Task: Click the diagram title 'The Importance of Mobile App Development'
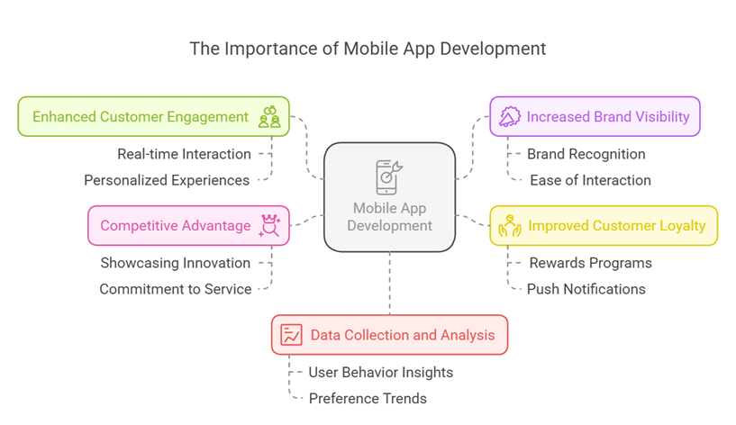(x=368, y=49)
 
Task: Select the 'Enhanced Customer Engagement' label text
(x=141, y=116)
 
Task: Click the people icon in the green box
(x=268, y=116)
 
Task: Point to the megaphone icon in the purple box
(x=510, y=116)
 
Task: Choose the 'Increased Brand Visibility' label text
(x=608, y=116)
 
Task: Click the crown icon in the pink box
(x=268, y=225)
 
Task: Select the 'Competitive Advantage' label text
(x=176, y=225)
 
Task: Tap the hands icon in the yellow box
(x=510, y=225)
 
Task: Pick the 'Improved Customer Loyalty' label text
(x=617, y=225)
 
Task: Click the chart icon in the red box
(x=291, y=335)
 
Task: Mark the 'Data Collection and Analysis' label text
(x=403, y=335)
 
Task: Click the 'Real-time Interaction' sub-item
(x=184, y=154)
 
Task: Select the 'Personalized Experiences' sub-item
(x=167, y=180)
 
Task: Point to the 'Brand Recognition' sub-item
(x=586, y=154)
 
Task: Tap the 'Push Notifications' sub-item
(x=586, y=289)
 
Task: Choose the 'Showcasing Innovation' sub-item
(x=175, y=263)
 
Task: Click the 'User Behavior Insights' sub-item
(x=380, y=372)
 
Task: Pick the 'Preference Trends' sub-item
(x=368, y=398)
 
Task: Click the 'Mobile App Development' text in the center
(x=389, y=217)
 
